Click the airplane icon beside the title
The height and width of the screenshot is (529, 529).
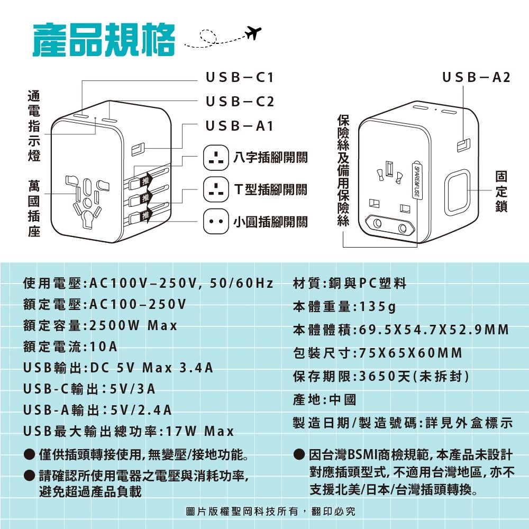point(253,33)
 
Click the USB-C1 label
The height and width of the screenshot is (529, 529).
point(240,77)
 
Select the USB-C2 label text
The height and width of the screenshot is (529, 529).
point(240,102)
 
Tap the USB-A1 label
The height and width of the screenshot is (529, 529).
point(239,126)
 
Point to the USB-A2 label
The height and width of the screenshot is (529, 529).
point(476,77)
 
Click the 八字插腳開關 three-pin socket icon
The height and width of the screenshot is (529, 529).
point(216,158)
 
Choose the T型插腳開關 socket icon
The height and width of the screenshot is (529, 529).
point(216,189)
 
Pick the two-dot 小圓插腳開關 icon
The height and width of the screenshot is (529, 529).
point(216,222)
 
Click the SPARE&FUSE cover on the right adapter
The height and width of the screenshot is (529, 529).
point(417,181)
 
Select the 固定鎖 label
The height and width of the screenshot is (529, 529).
point(501,191)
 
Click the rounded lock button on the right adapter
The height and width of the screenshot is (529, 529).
point(457,193)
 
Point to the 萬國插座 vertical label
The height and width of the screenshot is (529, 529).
point(34,208)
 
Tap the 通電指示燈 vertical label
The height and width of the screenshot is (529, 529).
point(34,126)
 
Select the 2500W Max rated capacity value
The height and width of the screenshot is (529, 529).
point(133,325)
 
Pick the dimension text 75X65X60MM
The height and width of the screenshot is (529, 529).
point(411,353)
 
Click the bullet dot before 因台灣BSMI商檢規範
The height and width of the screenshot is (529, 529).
point(299,454)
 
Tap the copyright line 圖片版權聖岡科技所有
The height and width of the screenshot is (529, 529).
point(242,512)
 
